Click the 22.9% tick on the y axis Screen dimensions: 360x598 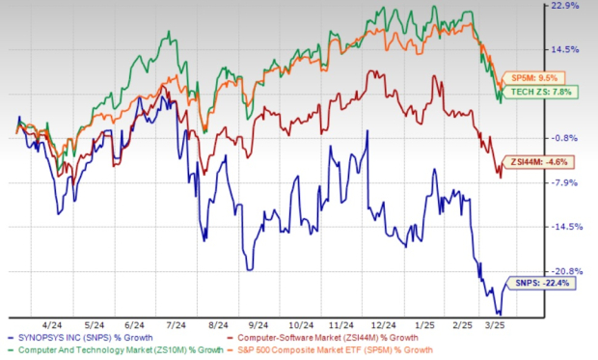coord(578,6)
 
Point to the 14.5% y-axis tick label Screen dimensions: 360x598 coord(578,49)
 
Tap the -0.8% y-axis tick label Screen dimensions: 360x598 coord(578,138)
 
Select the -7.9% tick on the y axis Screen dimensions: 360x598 coord(578,182)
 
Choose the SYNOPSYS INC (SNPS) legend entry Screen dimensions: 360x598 coord(101,338)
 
